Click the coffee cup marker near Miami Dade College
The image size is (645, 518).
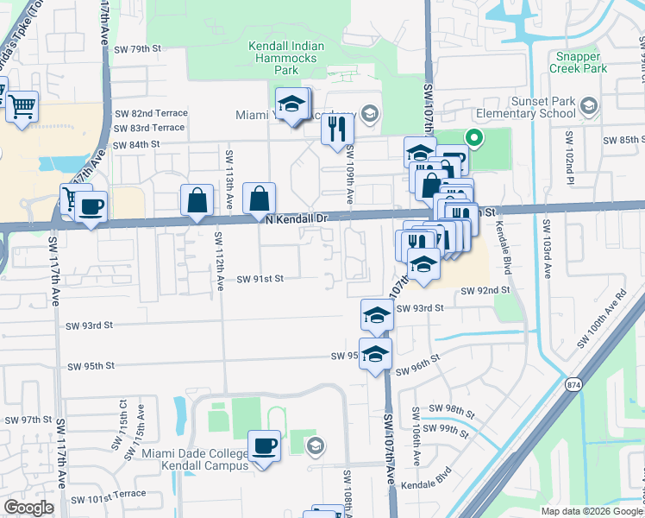tap(264, 446)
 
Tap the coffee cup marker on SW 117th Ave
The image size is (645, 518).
tap(91, 207)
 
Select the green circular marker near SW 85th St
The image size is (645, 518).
tap(473, 137)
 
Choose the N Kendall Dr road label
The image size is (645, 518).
tap(297, 219)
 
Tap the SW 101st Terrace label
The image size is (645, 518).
tap(109, 499)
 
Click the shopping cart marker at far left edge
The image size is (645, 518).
tap(22, 107)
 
